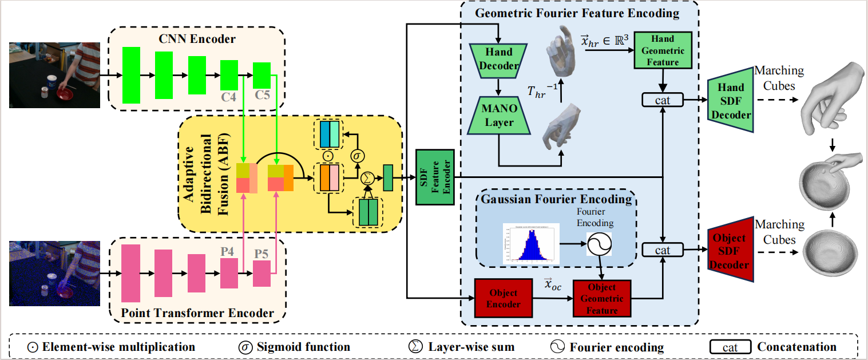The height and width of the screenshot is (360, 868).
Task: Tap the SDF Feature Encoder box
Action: coord(435,177)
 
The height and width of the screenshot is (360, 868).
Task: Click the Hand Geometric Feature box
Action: coord(663,50)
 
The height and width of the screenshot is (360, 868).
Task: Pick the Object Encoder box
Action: coord(498,298)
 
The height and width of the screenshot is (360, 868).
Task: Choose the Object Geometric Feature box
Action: coord(602,298)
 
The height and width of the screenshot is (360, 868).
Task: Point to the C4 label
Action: coord(229,97)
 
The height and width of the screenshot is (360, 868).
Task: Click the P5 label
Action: coord(261,253)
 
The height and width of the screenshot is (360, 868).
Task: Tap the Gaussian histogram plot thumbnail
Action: coord(531,243)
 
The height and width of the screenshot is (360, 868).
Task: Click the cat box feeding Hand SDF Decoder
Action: coord(663,100)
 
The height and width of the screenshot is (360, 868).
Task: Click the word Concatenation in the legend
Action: coord(796,347)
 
